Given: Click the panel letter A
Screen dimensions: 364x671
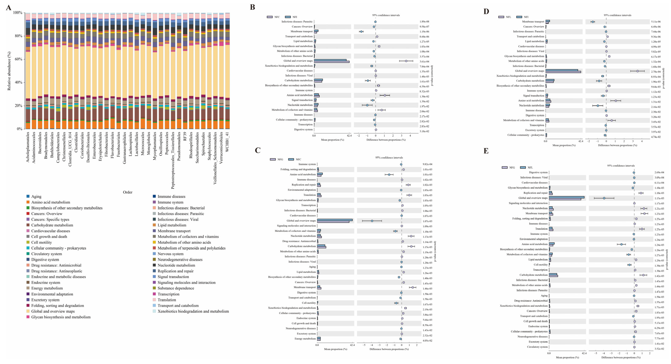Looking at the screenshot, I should (9, 7).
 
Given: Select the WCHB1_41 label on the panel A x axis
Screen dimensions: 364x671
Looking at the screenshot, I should (227, 142).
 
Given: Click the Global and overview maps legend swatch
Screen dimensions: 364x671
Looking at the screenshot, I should (28, 311).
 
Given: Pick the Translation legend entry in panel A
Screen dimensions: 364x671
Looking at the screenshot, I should (167, 300).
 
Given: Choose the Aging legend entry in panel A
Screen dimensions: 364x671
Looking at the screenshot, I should (36, 196).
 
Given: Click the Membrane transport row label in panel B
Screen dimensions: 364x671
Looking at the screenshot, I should (301, 31).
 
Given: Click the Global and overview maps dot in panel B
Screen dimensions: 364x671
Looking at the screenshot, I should (406, 61).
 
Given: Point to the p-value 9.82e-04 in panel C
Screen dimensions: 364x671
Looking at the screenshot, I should (427, 164).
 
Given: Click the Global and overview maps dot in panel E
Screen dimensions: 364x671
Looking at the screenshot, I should (604, 198).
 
